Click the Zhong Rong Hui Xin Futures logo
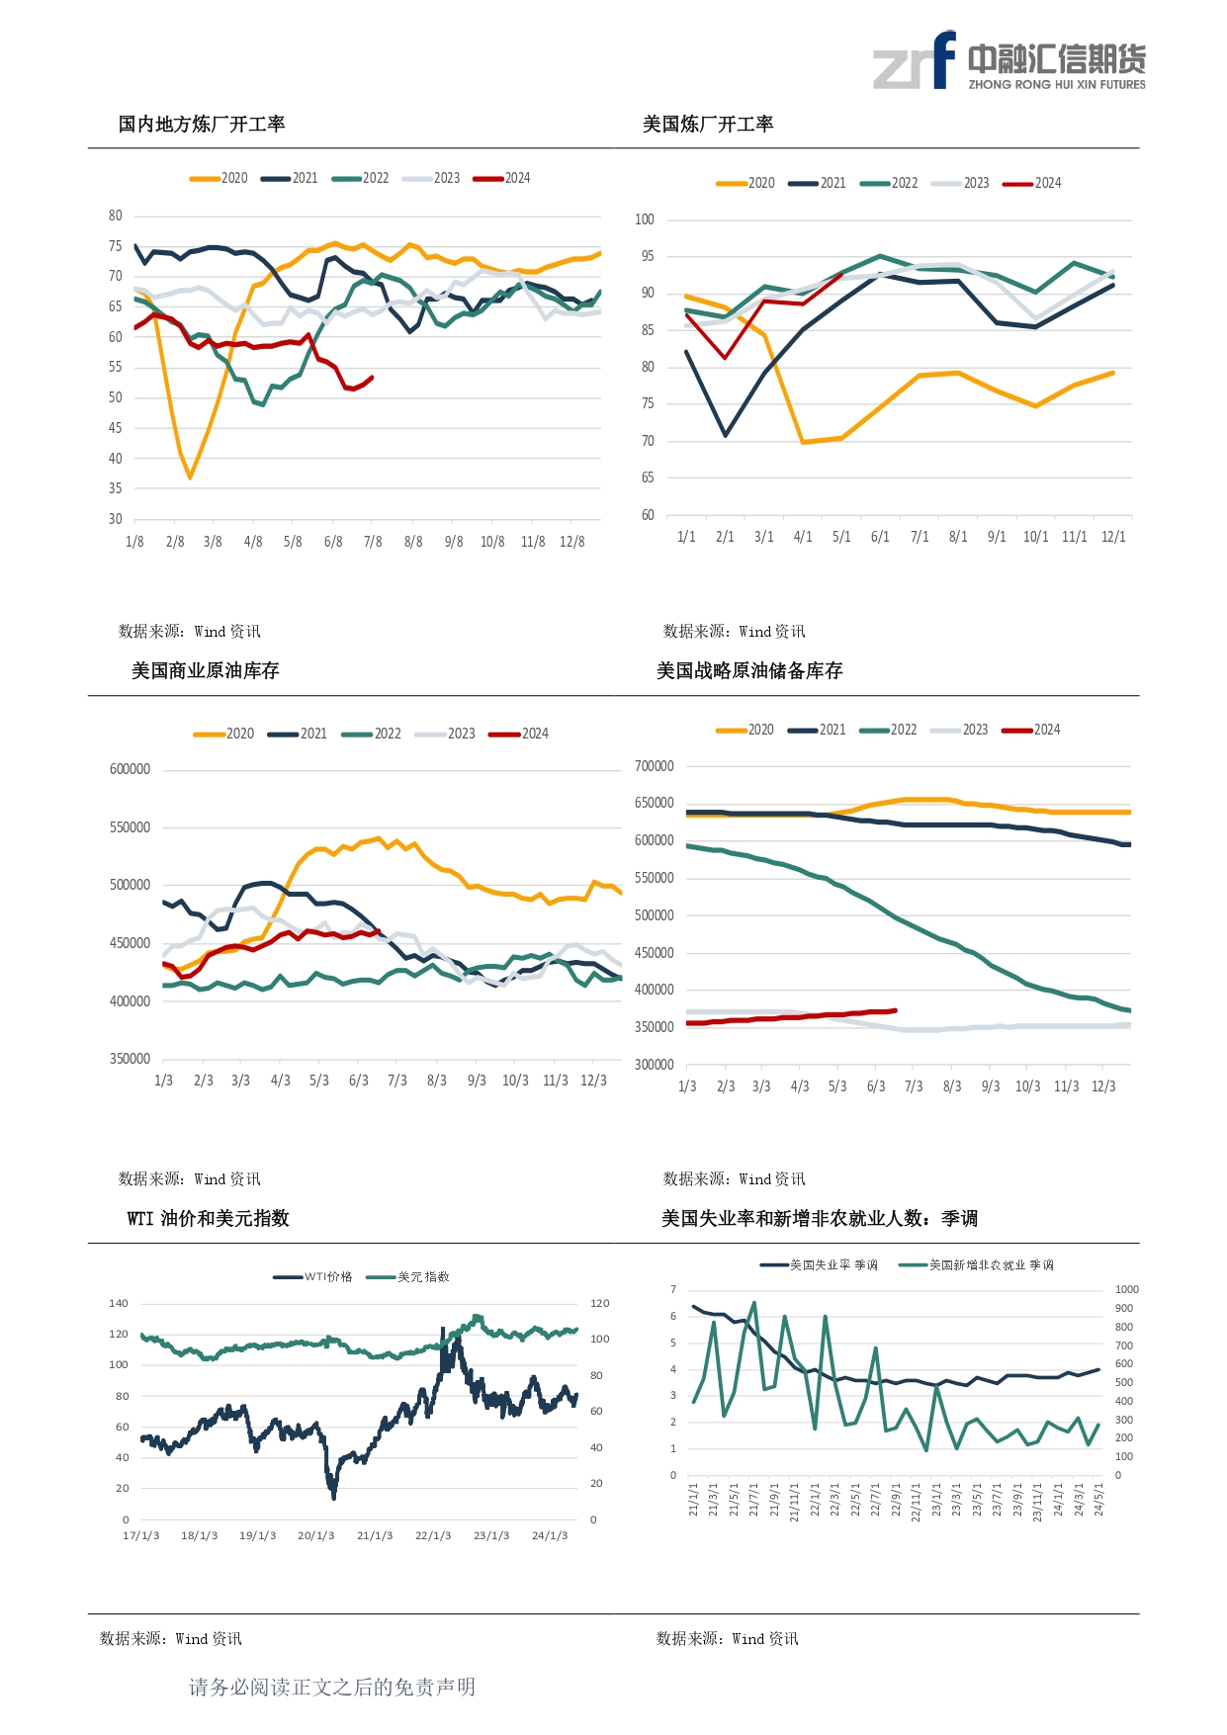(x=1008, y=61)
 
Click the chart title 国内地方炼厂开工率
(x=202, y=125)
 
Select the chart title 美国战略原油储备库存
(x=749, y=671)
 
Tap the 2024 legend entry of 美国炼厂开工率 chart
(x=1032, y=183)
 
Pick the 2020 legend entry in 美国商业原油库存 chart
(x=224, y=734)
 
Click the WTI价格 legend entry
(x=313, y=1277)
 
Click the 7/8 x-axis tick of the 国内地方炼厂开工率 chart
(x=373, y=542)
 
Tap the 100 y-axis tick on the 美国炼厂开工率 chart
(x=645, y=219)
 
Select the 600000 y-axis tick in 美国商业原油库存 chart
(x=130, y=769)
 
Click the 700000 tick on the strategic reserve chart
(x=654, y=766)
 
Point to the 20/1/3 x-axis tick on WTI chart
(x=316, y=1535)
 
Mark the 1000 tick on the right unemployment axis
(x=1127, y=1289)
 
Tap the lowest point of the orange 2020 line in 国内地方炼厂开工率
(x=190, y=477)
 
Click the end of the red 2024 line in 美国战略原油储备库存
(x=896, y=1010)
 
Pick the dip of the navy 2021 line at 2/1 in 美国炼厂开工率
(x=725, y=435)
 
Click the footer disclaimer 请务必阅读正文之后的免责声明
(x=332, y=1688)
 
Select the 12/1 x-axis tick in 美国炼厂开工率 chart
(x=1113, y=537)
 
